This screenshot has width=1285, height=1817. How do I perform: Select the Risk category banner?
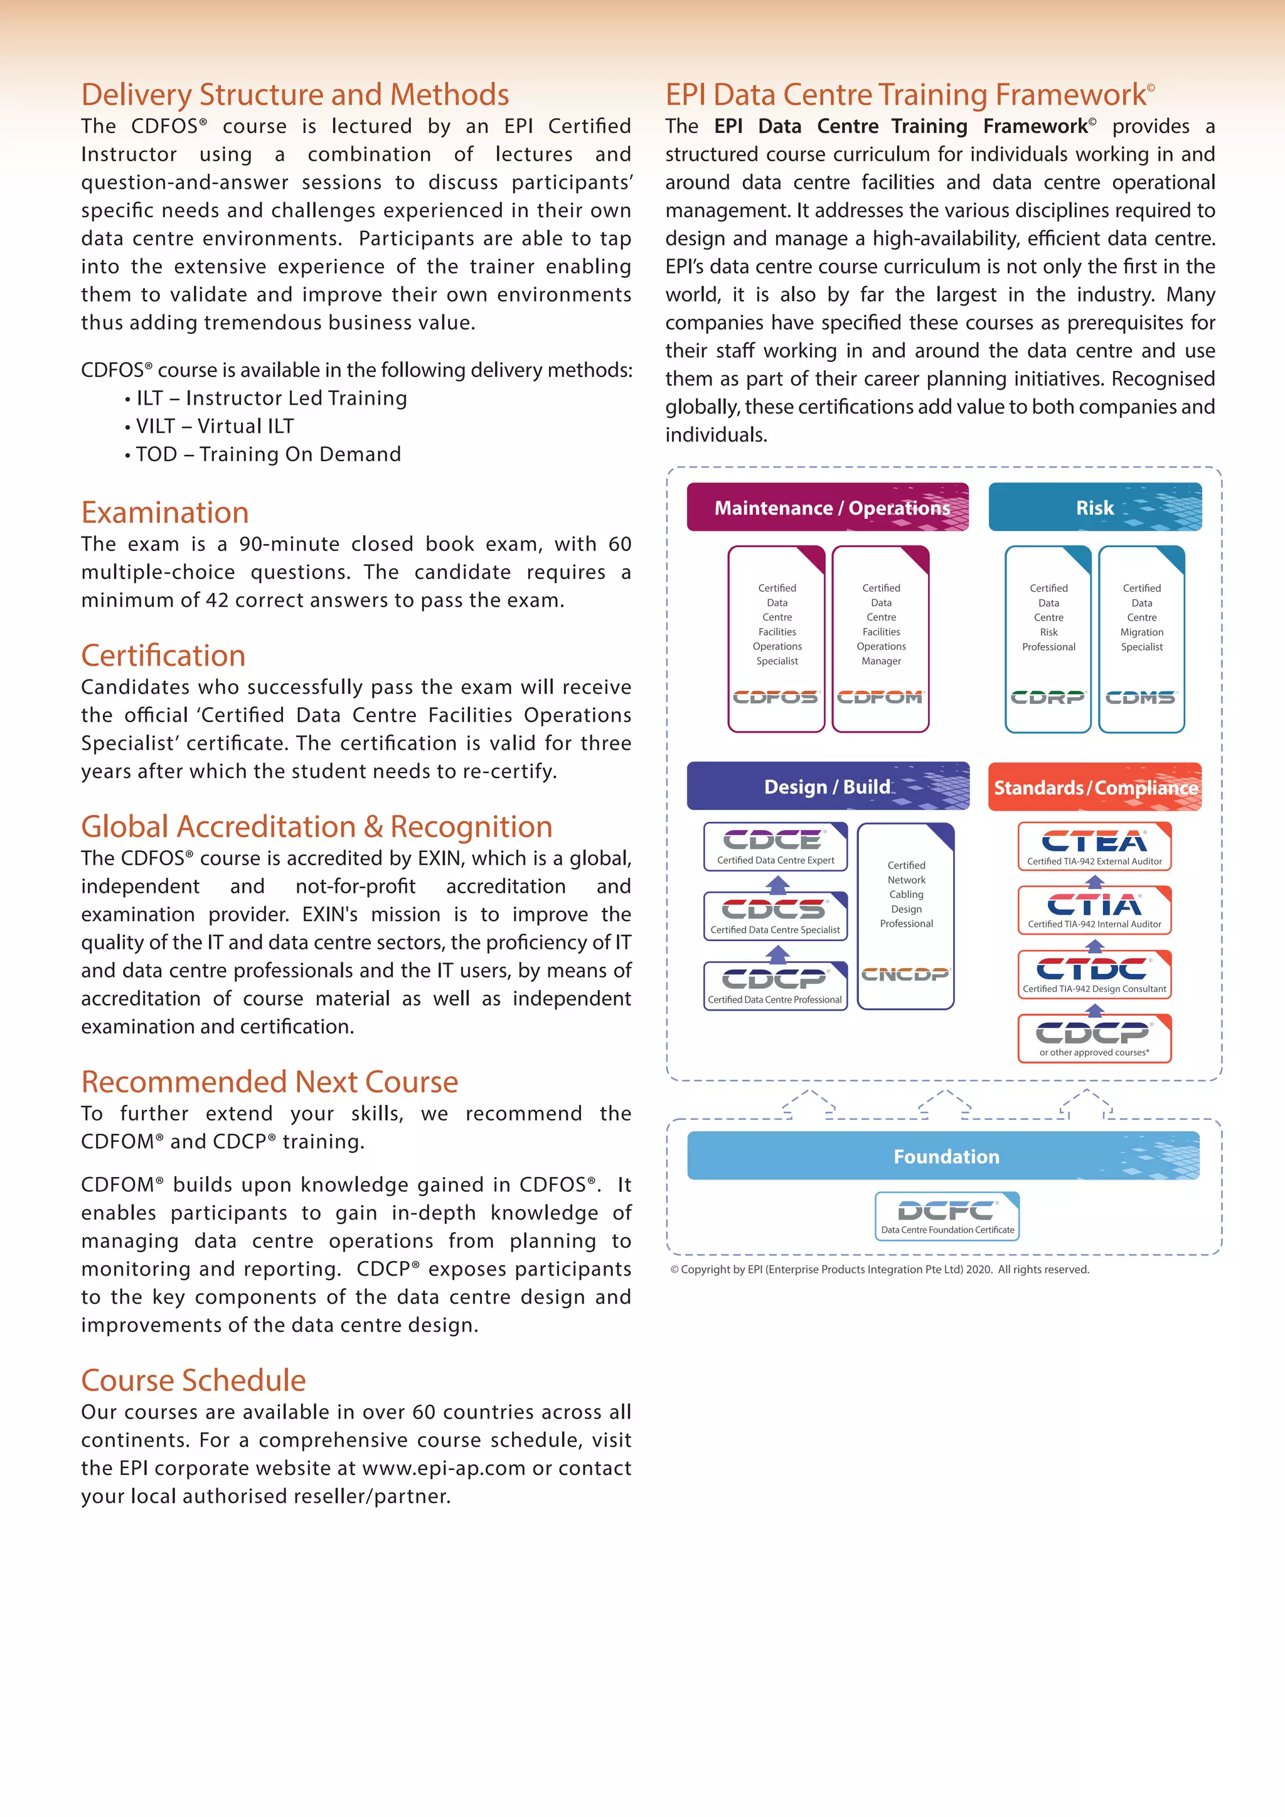[x=1094, y=508]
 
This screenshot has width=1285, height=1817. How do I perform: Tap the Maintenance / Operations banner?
[x=828, y=508]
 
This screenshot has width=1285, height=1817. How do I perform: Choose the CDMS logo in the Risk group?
[x=1141, y=697]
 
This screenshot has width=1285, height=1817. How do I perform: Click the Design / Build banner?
[x=828, y=787]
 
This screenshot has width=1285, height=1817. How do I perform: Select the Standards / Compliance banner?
[x=1094, y=787]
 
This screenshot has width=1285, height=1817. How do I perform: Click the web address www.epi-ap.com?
[x=443, y=1468]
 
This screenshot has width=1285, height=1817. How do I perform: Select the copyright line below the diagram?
[x=879, y=1269]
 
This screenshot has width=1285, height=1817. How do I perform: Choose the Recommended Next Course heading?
[x=269, y=1082]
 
